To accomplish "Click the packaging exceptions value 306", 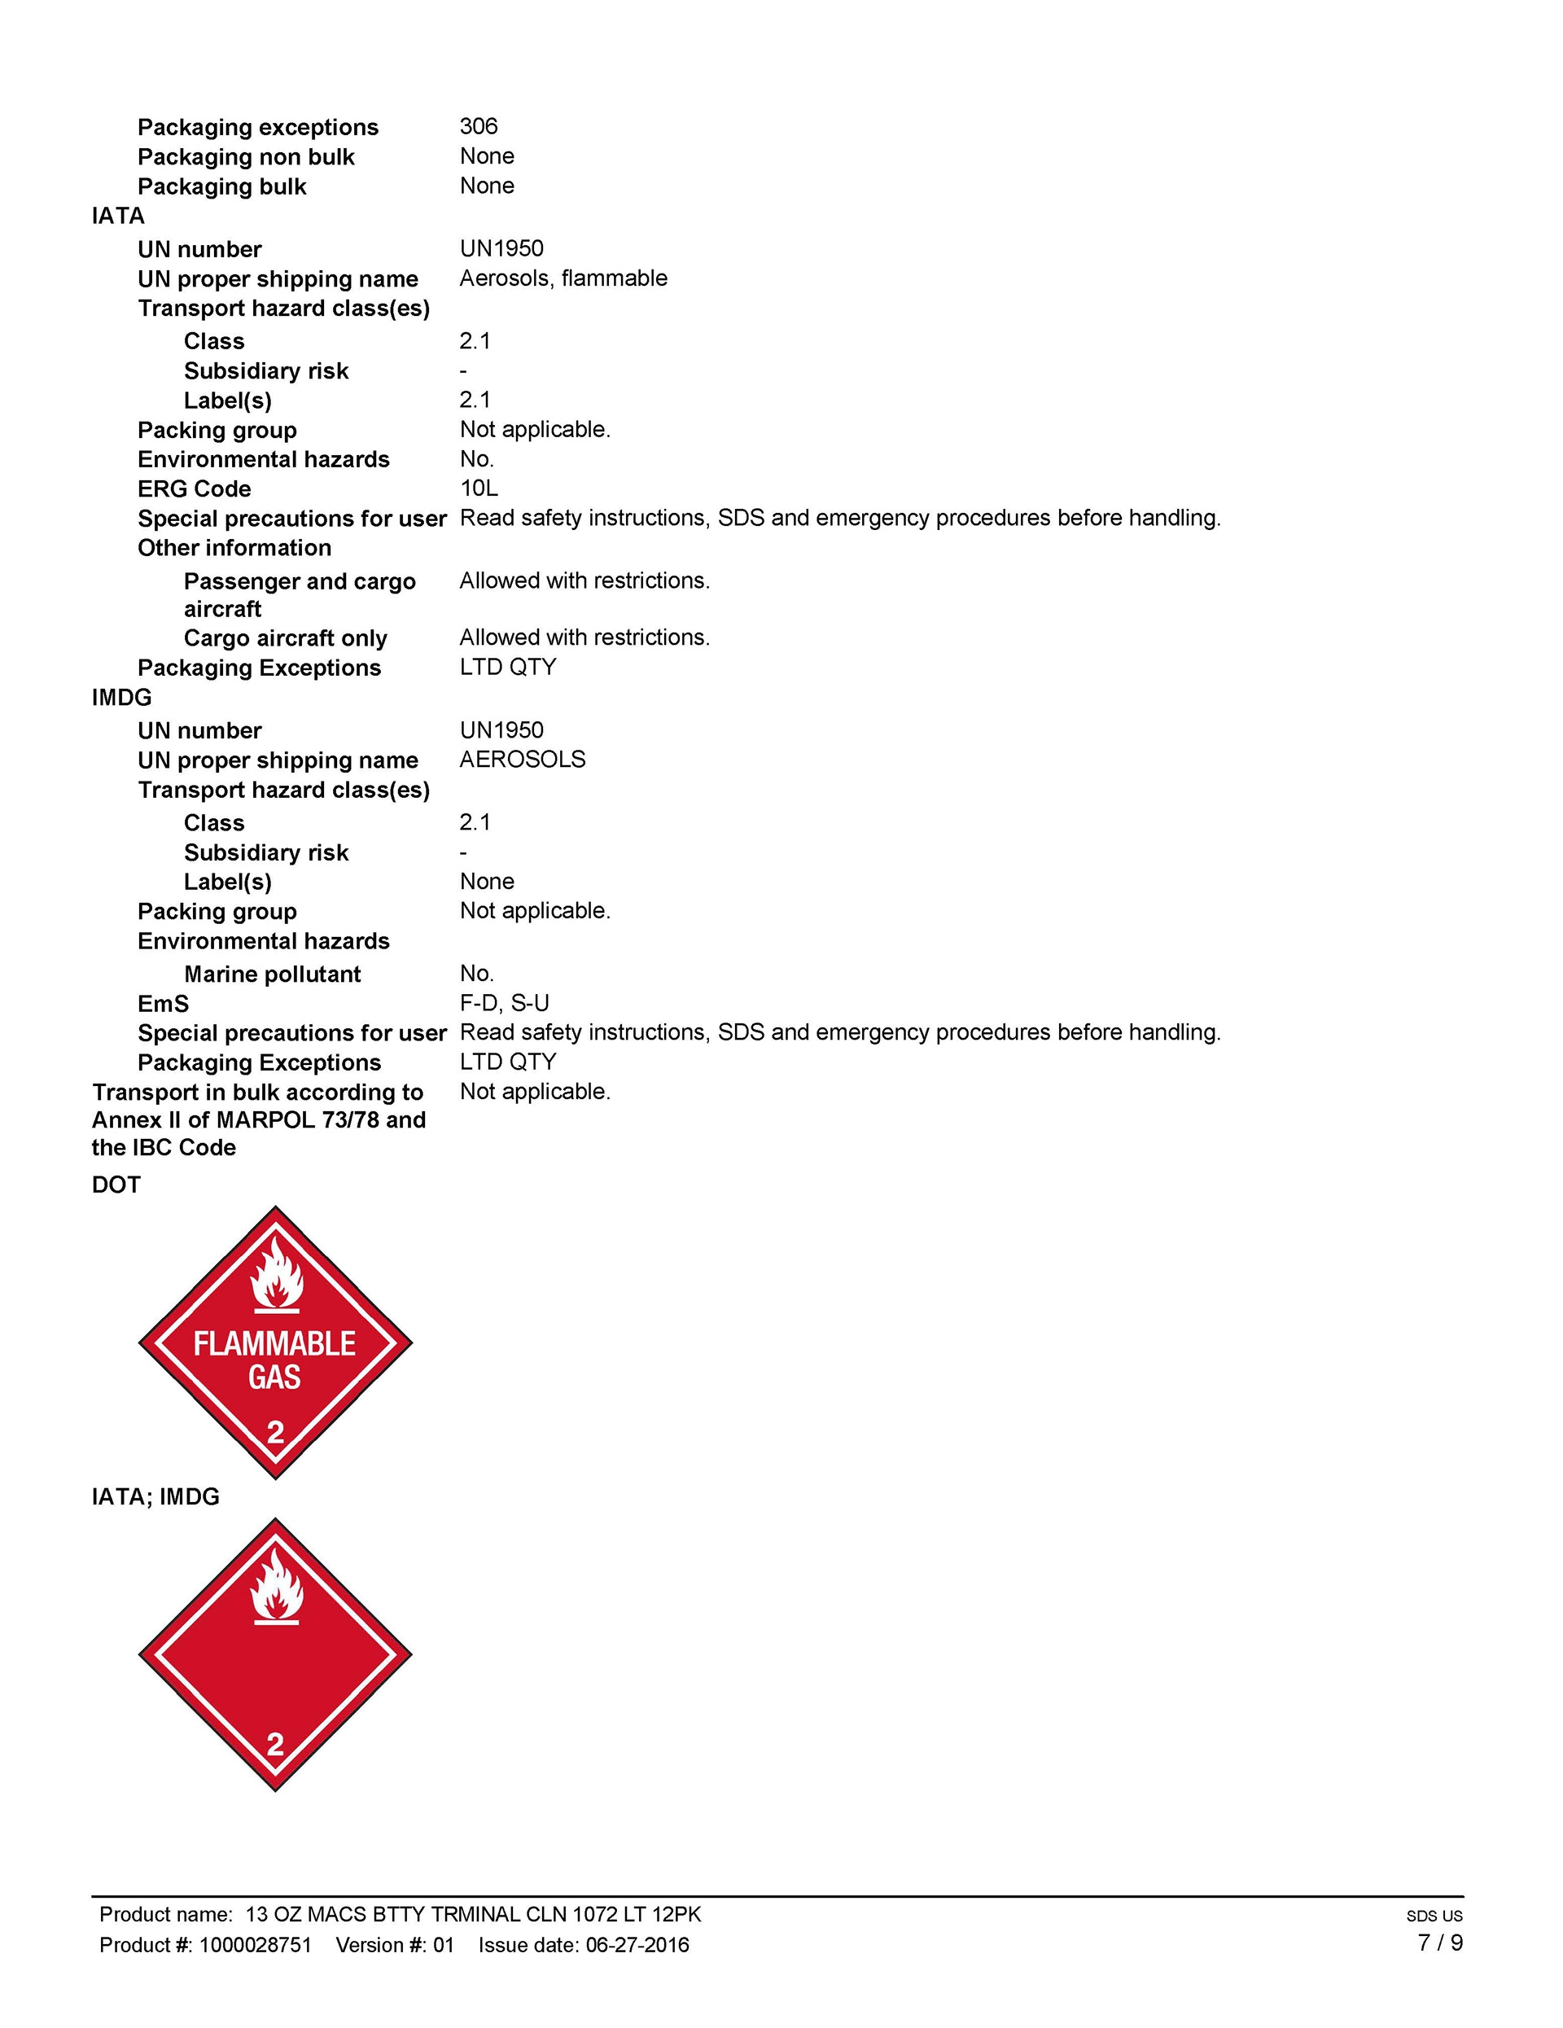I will tap(479, 126).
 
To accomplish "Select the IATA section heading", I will tap(118, 217).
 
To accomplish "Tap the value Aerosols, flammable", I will tap(563, 278).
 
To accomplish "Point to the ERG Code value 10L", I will tap(479, 488).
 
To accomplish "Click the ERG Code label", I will tap(194, 489).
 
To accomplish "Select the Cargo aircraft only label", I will tap(285, 639).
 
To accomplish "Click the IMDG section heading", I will tap(121, 698).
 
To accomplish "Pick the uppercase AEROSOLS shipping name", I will tap(522, 760).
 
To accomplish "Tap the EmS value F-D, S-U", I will tap(504, 1004).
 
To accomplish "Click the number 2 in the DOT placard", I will tap(276, 1433).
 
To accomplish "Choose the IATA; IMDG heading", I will tap(155, 1498).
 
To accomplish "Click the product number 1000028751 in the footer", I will tap(256, 1945).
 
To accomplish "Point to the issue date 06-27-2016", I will tap(637, 1945).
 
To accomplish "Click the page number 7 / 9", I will tap(1439, 1943).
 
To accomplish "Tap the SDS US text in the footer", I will tap(1434, 1916).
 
